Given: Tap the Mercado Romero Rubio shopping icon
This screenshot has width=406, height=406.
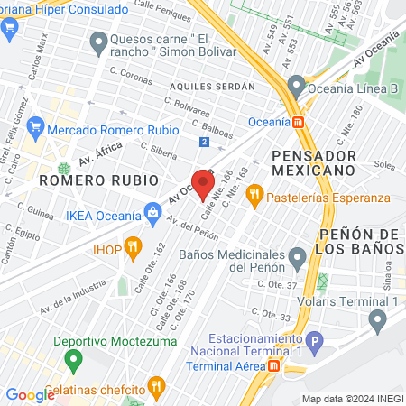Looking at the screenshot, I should coord(35,128).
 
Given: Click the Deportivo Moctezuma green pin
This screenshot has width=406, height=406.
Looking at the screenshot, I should coord(75,360).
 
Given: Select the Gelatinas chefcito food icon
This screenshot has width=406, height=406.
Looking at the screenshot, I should coord(155,387).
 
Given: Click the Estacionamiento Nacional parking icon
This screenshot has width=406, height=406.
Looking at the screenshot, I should coord(314,342).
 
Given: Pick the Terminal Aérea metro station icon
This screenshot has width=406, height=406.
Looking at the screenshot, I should coord(273,365).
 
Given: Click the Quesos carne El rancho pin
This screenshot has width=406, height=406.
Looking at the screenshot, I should coord(98,41).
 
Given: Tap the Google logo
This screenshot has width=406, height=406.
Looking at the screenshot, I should coord(30,394).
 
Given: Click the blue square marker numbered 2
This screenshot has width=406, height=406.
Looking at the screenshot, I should coord(205,142).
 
